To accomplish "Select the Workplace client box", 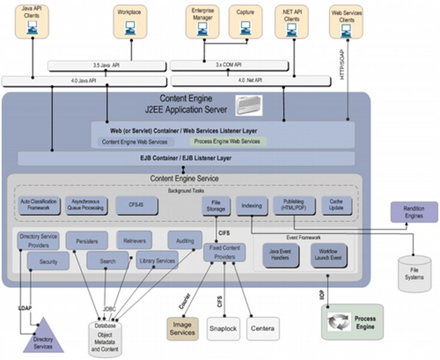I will [130, 21].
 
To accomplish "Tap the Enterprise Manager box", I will [203, 21].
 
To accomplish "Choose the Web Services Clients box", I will [346, 22].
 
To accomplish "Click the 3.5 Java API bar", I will [104, 65].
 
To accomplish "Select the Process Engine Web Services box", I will [229, 142].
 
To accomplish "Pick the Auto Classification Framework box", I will [38, 205].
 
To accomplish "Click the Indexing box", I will [251, 206].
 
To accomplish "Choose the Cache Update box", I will [337, 205].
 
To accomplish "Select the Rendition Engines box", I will [414, 212].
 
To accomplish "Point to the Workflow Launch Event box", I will [329, 254].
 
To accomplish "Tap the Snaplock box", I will [223, 328].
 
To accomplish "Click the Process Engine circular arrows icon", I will [339, 321].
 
